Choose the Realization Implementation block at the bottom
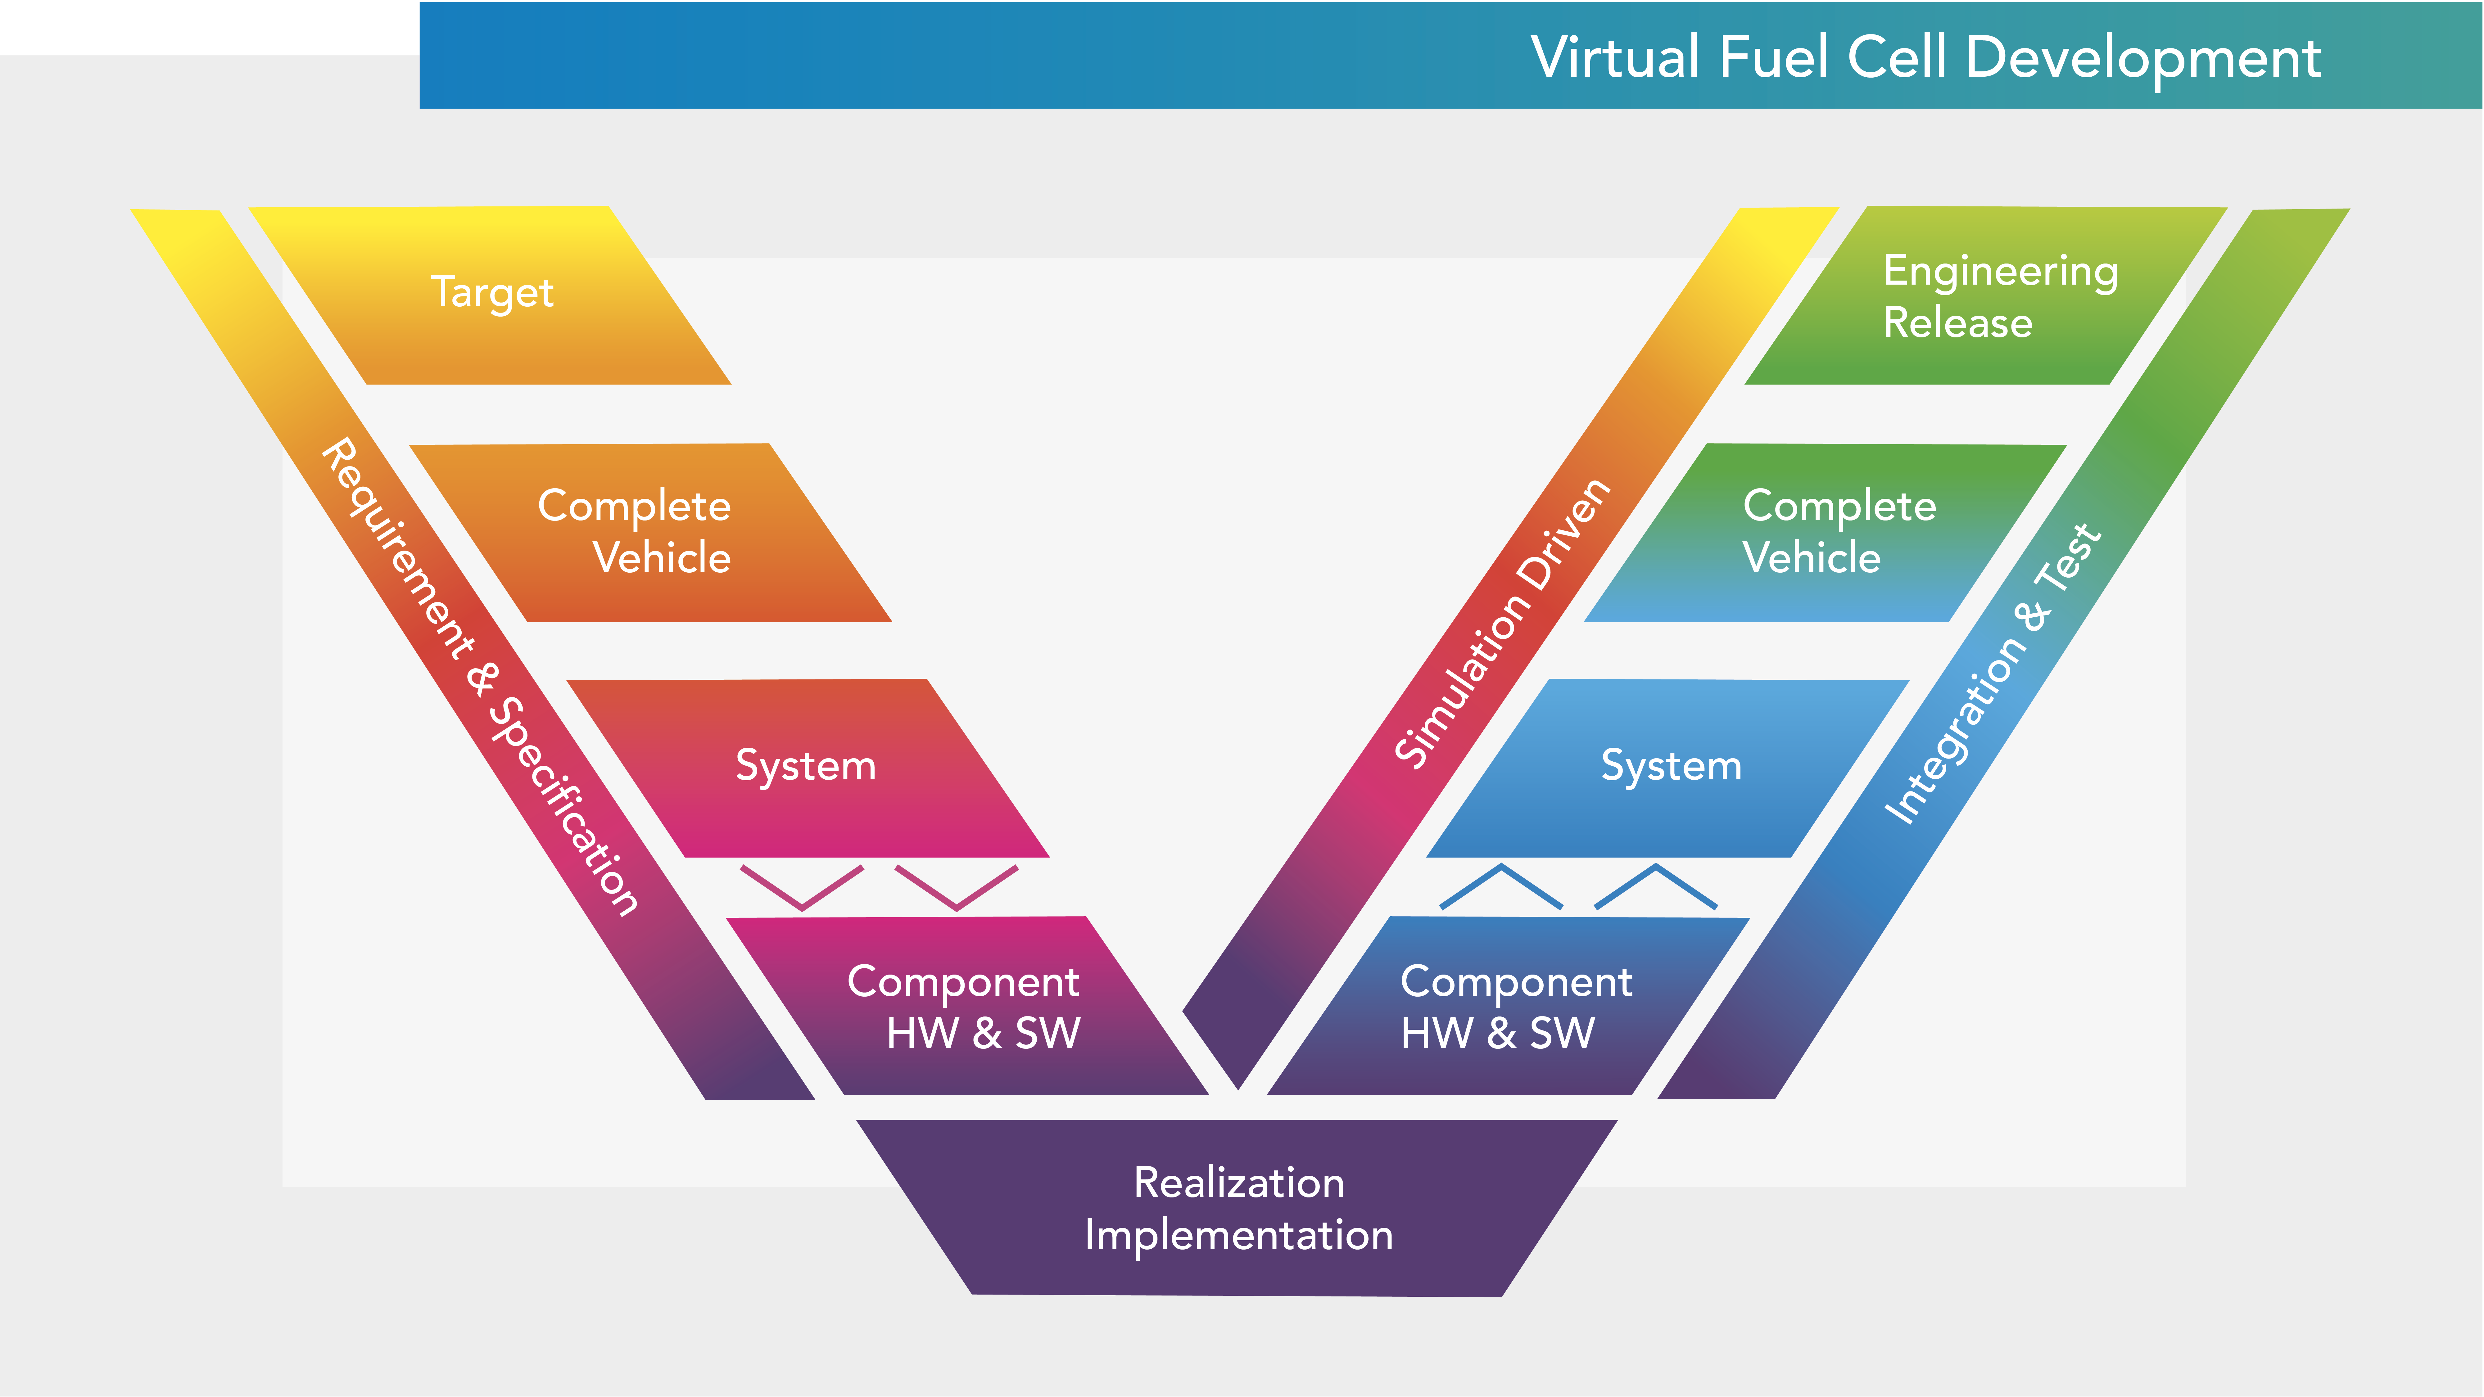1238,1208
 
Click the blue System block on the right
1670,768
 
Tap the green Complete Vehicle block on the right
1827,532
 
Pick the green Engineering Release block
1986,296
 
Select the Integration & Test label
1991,675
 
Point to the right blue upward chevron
1656,885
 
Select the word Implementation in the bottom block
1238,1235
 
